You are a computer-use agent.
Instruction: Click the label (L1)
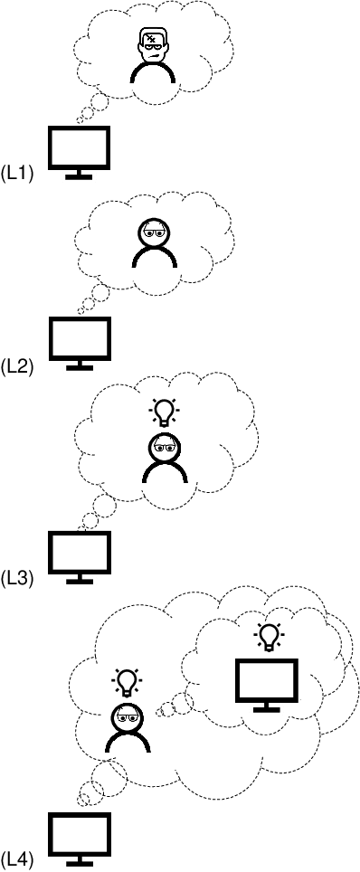17,173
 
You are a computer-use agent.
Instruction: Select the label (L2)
17,366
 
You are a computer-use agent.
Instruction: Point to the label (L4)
17,858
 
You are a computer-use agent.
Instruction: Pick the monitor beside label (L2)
79,338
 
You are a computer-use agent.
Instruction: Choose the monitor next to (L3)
79,552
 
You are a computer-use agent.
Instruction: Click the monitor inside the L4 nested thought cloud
266,681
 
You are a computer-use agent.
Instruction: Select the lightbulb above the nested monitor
268,637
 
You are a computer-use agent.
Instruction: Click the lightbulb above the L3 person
164,412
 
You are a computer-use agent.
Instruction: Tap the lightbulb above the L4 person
127,679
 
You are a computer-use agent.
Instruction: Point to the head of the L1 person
152,44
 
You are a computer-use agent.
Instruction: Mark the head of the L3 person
164,446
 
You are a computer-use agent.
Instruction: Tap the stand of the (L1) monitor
79,174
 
